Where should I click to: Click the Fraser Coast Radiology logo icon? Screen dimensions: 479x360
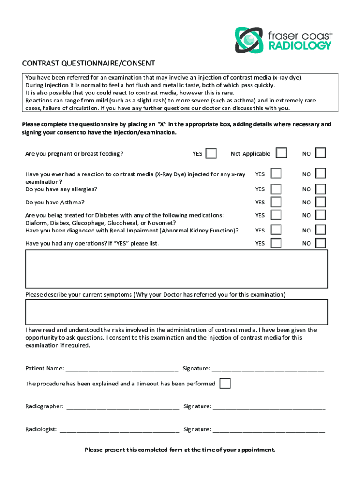pyautogui.click(x=249, y=40)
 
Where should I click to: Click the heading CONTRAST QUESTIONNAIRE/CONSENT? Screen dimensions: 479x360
pyautogui.click(x=90, y=63)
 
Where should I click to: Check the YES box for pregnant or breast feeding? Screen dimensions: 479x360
pyautogui.click(x=211, y=153)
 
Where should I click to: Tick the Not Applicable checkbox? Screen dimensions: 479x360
pyautogui.click(x=281, y=153)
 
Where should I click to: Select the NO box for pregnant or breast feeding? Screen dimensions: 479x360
pyautogui.click(x=320, y=153)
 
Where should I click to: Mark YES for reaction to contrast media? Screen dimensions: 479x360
pyautogui.click(x=276, y=174)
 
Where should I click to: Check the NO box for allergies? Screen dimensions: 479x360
pyautogui.click(x=320, y=189)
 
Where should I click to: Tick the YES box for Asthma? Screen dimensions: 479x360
pyautogui.click(x=276, y=202)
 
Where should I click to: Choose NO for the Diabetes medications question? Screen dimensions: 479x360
pyautogui.click(x=320, y=215)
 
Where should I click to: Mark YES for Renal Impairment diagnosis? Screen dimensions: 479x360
pyautogui.click(x=276, y=230)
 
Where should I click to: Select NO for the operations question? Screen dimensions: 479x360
pyautogui.click(x=320, y=243)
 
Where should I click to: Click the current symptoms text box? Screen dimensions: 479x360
pyautogui.click(x=176, y=312)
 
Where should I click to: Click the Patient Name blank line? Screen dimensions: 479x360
pyautogui.click(x=122, y=369)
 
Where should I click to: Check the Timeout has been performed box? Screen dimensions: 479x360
pyautogui.click(x=225, y=384)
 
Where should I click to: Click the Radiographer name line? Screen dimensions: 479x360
pyautogui.click(x=123, y=406)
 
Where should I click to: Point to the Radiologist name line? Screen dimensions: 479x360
pyautogui.click(x=119, y=429)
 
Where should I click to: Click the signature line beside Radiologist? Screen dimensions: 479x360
pyautogui.click(x=269, y=429)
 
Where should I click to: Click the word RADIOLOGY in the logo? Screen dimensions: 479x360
pyautogui.click(x=300, y=45)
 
